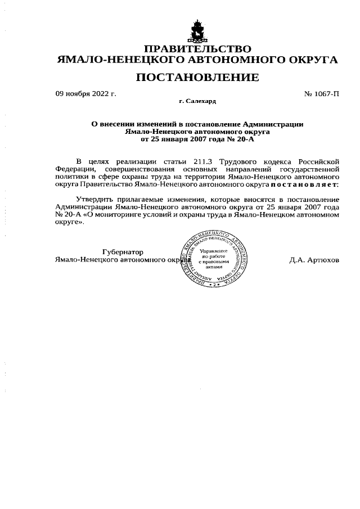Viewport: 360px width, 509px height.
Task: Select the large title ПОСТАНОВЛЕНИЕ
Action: click(197, 77)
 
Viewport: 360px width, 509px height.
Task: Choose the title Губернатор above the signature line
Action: click(123, 252)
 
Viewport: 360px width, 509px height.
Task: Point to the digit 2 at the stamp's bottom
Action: click(214, 285)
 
